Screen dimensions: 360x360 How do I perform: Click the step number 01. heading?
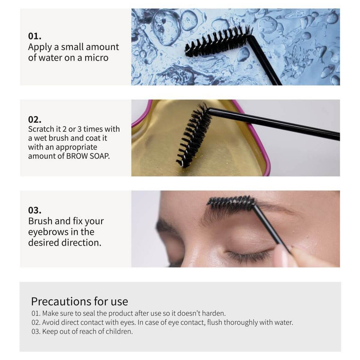35,36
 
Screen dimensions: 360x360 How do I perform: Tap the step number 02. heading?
35,119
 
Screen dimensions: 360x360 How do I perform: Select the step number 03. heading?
35,210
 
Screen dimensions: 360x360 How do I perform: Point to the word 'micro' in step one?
97,58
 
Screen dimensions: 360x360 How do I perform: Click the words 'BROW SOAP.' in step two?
88,156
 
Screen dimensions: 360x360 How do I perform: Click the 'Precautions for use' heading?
80,301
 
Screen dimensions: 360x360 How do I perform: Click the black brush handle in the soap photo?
275,124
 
